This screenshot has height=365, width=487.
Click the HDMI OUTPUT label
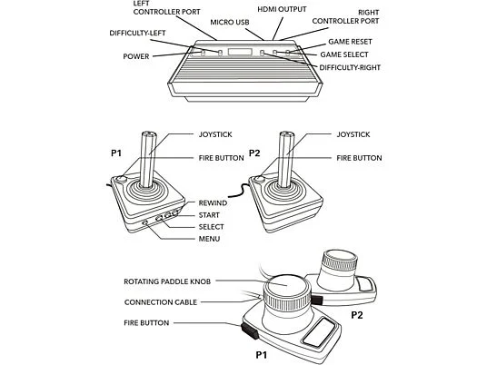[282, 10]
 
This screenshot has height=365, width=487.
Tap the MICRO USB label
[230, 23]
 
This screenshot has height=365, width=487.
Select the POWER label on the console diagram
[136, 56]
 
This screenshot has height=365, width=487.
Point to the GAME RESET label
[350, 42]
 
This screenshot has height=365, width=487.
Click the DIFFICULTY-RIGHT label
[350, 68]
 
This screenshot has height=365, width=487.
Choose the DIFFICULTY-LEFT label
[137, 34]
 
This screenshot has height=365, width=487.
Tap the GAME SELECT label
[344, 54]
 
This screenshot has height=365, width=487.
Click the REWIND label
[213, 203]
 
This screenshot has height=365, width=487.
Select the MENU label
[209, 239]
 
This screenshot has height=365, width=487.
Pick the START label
[209, 215]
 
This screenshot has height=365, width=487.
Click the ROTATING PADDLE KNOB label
[167, 281]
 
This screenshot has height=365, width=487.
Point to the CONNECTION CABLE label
[161, 302]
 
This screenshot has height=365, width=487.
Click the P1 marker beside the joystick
[116, 153]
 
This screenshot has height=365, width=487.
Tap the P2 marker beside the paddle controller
[357, 315]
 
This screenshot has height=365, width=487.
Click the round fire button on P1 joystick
[121, 179]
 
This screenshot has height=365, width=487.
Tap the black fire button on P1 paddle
[249, 330]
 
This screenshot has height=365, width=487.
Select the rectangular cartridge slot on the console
[240, 52]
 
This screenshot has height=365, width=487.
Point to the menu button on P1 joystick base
[144, 222]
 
